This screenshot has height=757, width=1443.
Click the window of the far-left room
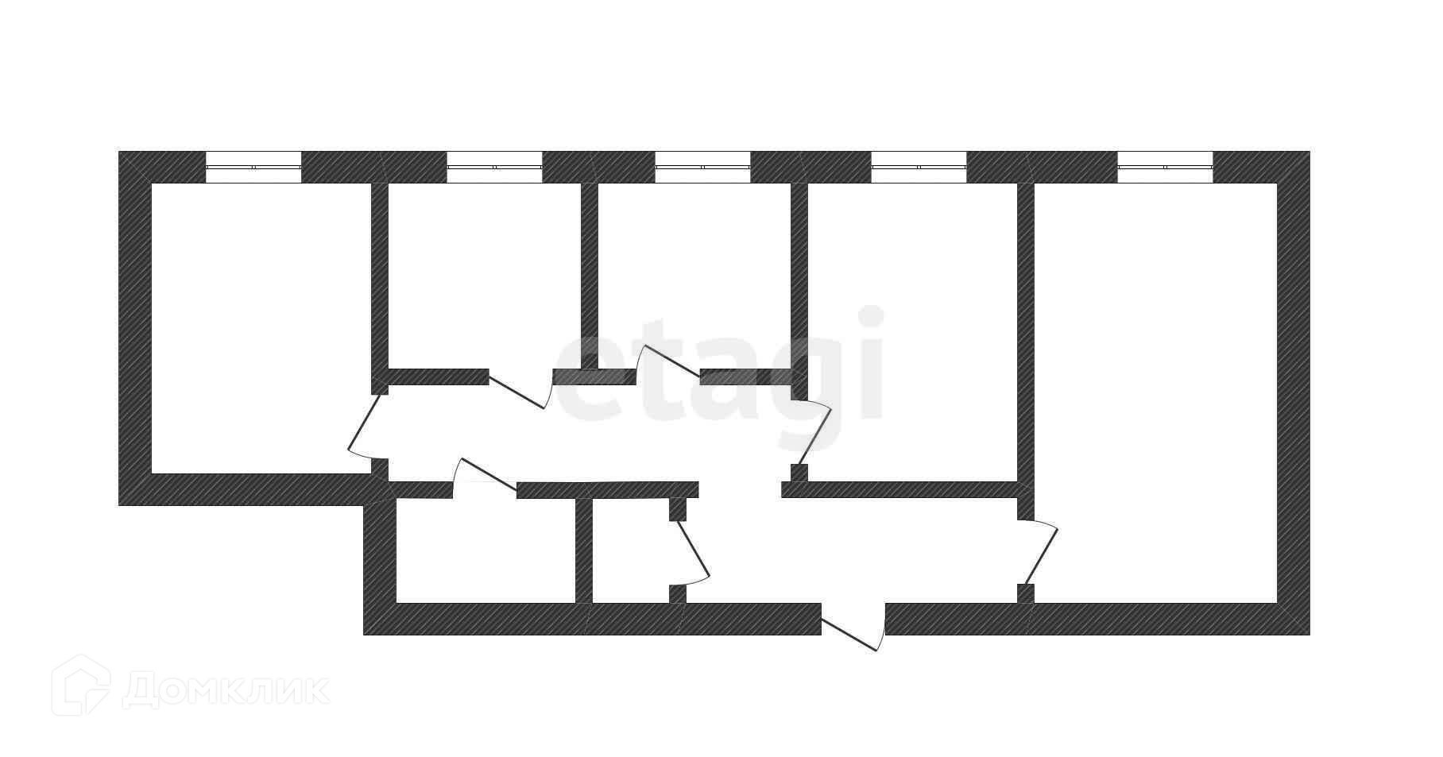(x=253, y=168)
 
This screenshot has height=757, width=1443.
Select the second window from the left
(x=494, y=168)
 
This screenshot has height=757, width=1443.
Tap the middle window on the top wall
(x=702, y=168)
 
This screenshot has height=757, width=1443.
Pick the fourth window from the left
(x=919, y=168)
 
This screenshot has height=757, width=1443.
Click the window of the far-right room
(x=1165, y=168)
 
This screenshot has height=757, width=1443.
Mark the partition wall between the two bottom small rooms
(x=583, y=550)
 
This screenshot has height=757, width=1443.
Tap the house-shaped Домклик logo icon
(x=80, y=686)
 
